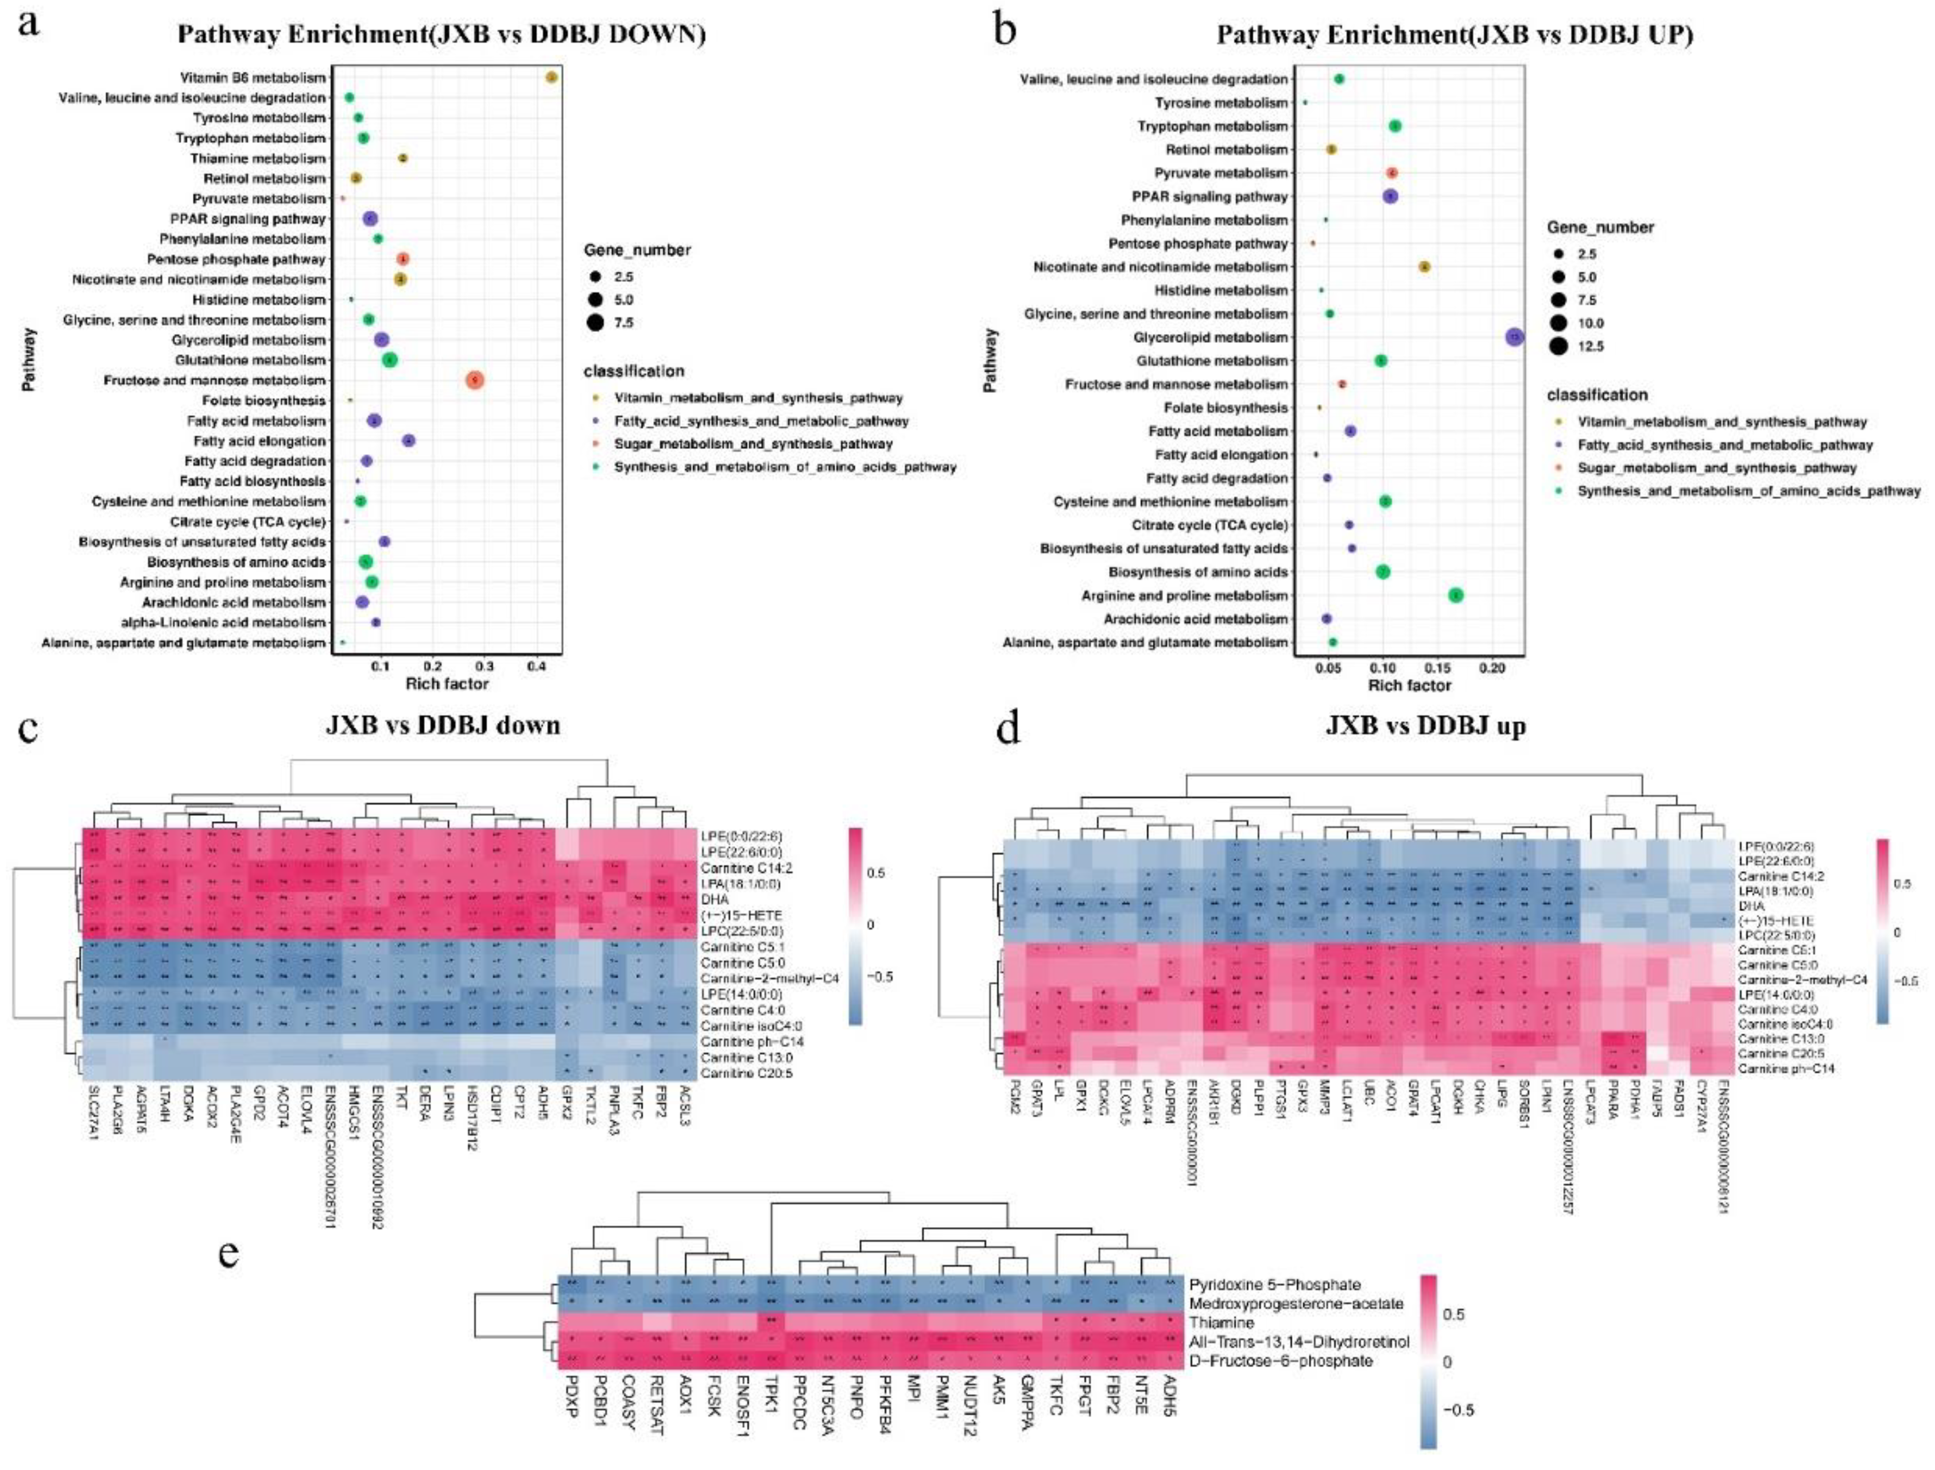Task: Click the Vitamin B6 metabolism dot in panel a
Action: tap(551, 78)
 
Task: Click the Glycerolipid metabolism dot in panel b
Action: tap(1515, 337)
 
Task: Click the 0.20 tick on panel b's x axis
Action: tap(1492, 668)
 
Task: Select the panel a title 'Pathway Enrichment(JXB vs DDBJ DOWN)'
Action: tap(442, 34)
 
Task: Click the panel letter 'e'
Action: tap(229, 1254)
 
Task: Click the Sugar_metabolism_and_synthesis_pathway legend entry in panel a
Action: tap(753, 444)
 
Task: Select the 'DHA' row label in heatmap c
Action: tap(714, 899)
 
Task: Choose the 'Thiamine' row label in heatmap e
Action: tap(1221, 1322)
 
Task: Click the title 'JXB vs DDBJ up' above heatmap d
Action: tap(1426, 726)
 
